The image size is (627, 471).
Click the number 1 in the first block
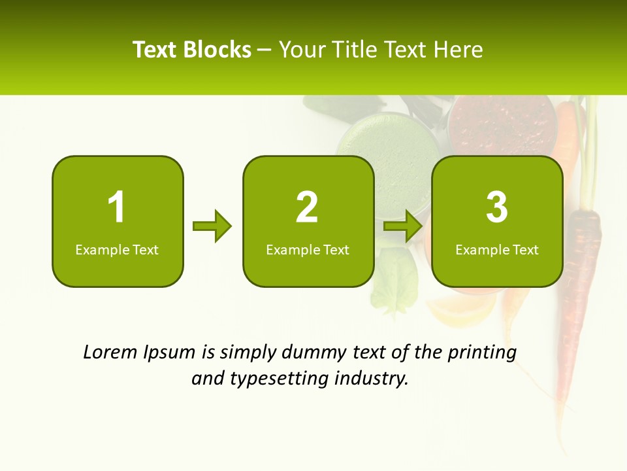117,207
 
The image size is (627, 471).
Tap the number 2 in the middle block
307,207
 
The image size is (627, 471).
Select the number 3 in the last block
497,207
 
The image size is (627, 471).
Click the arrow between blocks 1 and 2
212,226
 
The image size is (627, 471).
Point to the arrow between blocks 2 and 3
403,226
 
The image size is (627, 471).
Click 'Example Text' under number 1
117,249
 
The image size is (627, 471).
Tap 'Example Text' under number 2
308,249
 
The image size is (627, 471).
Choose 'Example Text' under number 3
497,249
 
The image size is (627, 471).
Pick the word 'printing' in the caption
481,353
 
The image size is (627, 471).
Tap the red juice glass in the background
502,124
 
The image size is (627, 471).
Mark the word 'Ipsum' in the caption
171,353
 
